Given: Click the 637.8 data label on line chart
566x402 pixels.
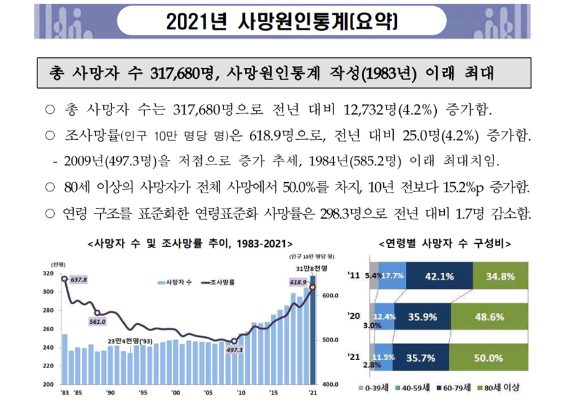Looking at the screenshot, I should [x=79, y=279].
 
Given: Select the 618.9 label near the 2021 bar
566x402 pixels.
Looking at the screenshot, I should [x=298, y=283].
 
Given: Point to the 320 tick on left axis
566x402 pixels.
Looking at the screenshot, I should [x=47, y=273].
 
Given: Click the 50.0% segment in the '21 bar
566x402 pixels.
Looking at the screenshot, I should [x=489, y=357].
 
